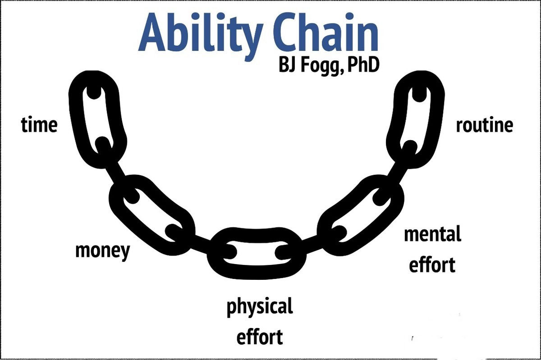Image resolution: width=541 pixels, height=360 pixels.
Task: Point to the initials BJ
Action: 288,65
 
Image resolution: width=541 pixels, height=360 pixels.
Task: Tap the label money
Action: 103,251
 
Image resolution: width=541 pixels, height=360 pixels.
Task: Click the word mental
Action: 432,234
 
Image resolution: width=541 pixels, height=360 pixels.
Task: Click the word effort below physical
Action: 260,337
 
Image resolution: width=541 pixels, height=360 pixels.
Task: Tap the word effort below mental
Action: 432,264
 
